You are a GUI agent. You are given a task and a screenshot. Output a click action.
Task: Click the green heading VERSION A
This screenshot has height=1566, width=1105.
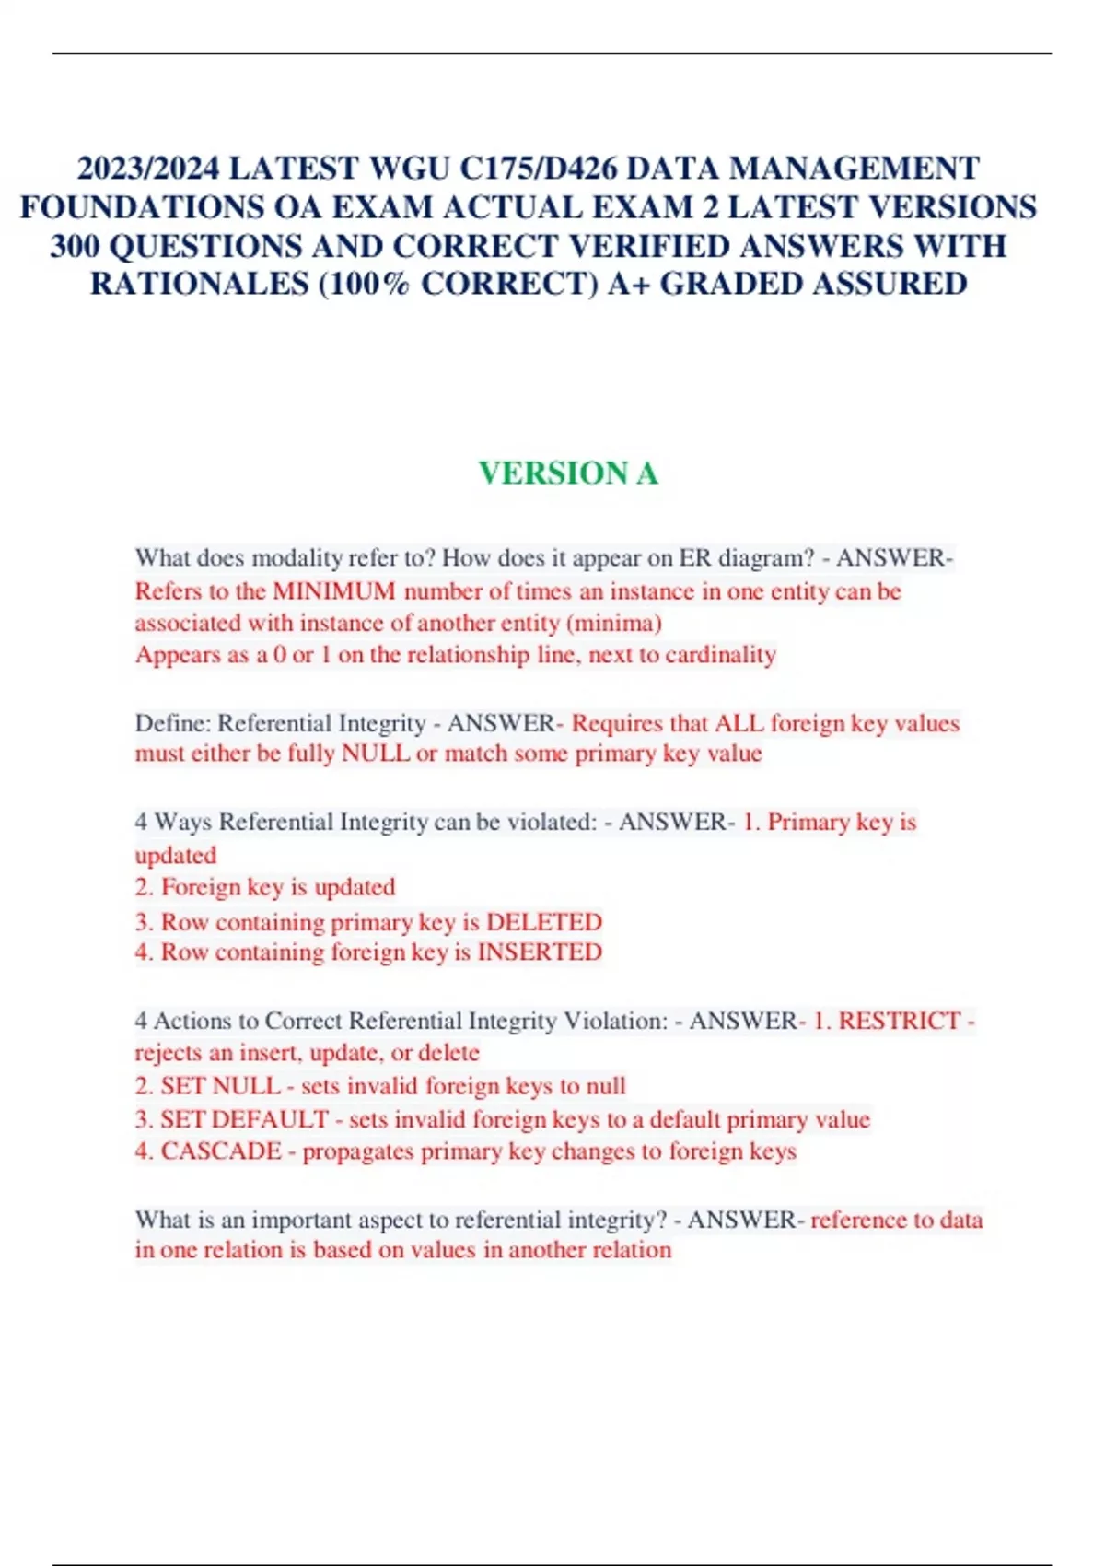tap(568, 473)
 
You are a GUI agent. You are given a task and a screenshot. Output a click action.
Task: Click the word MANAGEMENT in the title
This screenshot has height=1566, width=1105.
tap(854, 169)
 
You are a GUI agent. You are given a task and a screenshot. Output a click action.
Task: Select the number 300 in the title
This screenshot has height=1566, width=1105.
tap(75, 246)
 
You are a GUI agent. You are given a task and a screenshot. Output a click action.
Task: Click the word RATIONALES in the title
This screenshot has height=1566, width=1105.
tap(199, 284)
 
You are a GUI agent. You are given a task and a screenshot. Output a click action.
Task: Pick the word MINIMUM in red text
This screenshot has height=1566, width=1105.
tap(334, 591)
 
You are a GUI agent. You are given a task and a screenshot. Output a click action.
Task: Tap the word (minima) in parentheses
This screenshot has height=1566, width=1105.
tap(614, 624)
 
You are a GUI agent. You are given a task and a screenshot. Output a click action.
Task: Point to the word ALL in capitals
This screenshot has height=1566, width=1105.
tap(739, 723)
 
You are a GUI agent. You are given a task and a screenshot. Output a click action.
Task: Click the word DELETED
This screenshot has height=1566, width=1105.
tap(543, 921)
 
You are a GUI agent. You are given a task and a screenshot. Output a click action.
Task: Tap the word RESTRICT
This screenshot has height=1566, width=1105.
tap(900, 1021)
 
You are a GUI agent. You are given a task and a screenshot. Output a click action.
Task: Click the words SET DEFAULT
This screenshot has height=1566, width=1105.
tap(244, 1119)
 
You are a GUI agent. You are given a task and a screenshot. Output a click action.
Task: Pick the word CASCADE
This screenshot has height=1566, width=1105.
tap(221, 1151)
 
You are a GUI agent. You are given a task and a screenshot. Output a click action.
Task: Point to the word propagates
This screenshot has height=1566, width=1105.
tap(358, 1151)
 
